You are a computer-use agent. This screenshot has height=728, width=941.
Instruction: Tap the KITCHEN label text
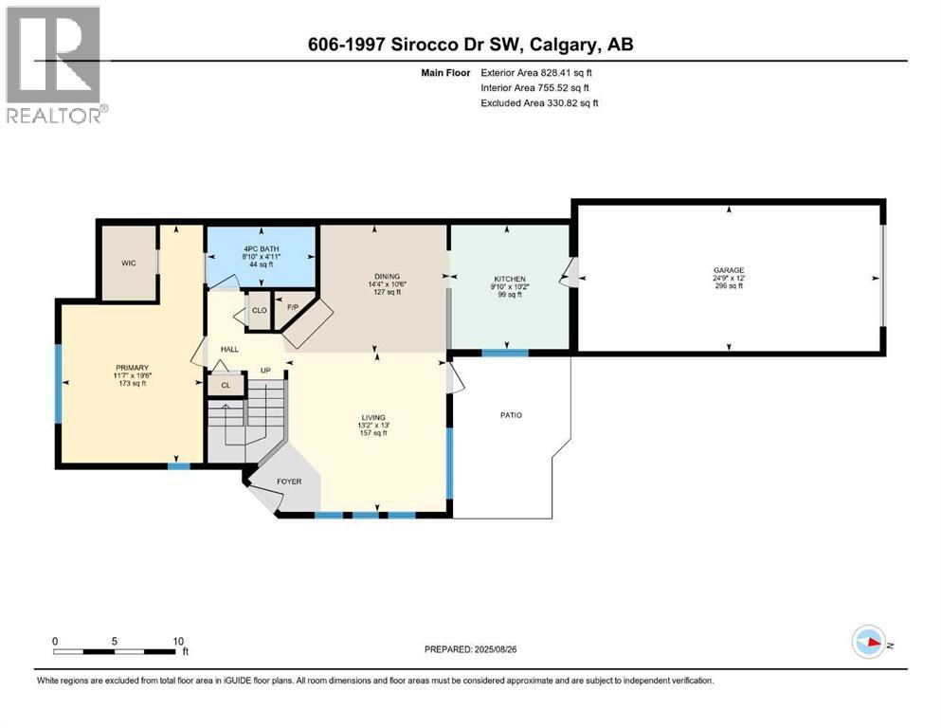tap(508, 279)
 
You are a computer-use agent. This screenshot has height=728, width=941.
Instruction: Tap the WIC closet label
tap(130, 263)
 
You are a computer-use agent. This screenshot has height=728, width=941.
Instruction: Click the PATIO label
tap(511, 415)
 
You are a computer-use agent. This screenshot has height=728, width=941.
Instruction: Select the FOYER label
tap(289, 482)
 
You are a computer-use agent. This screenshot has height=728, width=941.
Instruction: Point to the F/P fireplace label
tap(292, 308)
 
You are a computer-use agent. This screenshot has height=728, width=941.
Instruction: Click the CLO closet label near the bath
tap(258, 309)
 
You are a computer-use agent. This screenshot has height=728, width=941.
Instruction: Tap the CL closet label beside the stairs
tap(225, 386)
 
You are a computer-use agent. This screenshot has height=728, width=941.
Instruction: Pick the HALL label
tap(230, 350)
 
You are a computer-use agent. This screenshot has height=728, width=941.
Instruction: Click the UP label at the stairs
tap(266, 370)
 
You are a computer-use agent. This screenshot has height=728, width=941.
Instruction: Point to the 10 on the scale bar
tap(178, 641)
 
